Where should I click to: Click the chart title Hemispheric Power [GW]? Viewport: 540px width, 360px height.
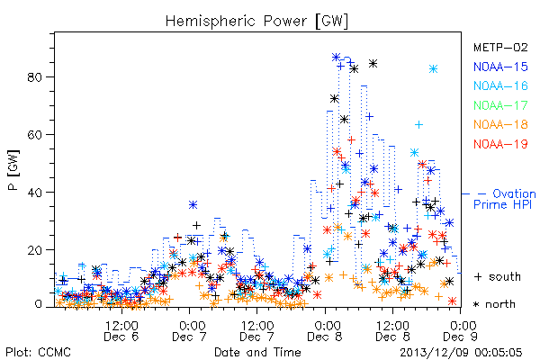tap(256, 21)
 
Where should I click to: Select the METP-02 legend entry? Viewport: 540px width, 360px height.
tap(500, 47)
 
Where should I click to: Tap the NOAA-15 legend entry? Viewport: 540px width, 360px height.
tap(500, 67)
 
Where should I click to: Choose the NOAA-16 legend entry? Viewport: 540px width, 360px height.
tap(500, 85)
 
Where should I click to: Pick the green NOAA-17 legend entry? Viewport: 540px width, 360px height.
tap(500, 105)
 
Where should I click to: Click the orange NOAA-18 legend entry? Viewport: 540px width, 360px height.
tap(500, 124)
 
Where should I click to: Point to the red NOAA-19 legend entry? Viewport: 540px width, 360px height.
tap(500, 144)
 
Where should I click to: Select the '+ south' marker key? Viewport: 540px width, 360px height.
tap(498, 276)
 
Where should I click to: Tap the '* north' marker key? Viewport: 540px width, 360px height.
tap(494, 304)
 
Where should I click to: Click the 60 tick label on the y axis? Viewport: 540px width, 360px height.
tap(34, 134)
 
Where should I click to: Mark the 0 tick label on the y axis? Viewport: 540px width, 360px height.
tap(38, 304)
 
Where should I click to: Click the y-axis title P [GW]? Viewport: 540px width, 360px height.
tap(14, 170)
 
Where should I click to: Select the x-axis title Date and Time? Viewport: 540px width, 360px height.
tap(257, 352)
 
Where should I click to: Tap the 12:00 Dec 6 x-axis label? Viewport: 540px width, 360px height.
tap(121, 330)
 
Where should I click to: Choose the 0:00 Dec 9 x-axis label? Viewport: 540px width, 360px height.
tap(461, 330)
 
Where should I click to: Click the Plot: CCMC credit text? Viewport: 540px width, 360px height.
tap(38, 353)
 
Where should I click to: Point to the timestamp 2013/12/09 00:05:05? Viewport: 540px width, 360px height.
tap(461, 353)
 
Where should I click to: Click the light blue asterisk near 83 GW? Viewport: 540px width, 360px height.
tap(433, 69)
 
